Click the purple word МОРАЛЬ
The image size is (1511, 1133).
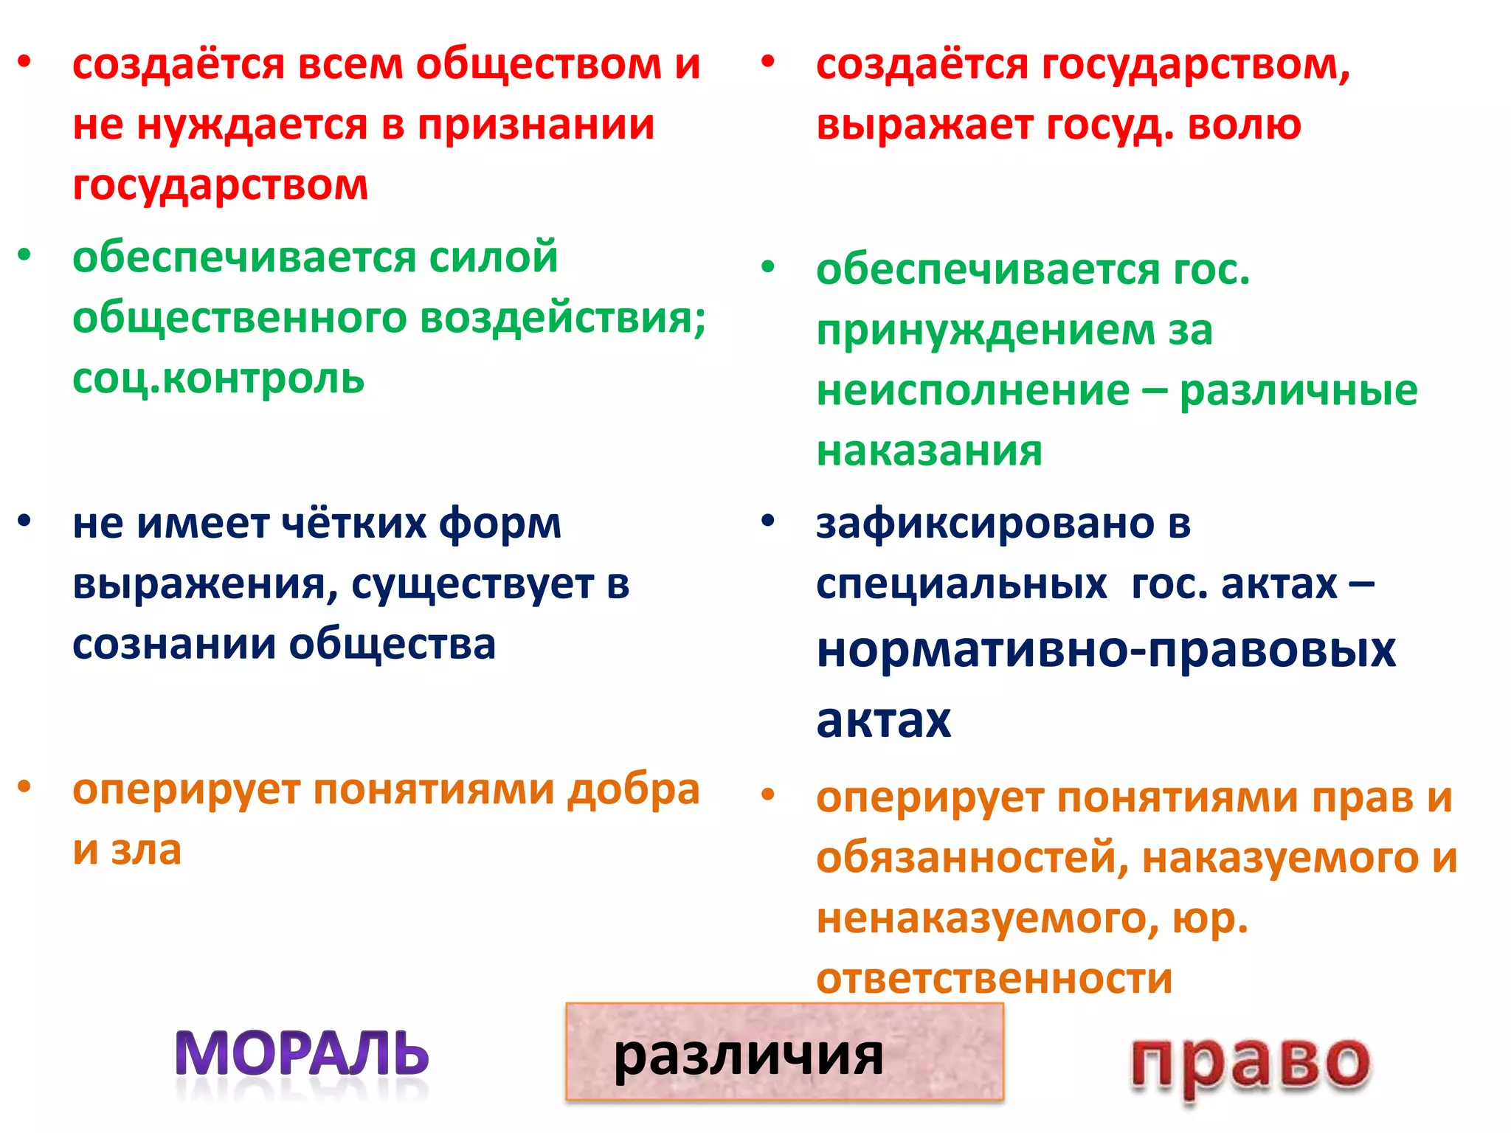pos(302,1053)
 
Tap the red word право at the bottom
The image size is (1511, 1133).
pos(1250,1062)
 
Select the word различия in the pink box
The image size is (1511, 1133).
pos(748,1056)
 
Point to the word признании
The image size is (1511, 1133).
pos(536,125)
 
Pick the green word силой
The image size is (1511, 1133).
pos(493,257)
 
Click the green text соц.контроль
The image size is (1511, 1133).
pos(218,378)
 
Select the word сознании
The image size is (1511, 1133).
pos(173,644)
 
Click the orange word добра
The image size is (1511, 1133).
pos(633,790)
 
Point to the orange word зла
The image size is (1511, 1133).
pos(145,850)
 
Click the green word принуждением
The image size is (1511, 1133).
pos(986,330)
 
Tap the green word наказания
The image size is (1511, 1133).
pos(929,451)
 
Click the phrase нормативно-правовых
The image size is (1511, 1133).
pos(1106,651)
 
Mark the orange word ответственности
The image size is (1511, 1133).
pos(994,979)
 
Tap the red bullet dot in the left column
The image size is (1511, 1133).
pos(25,61)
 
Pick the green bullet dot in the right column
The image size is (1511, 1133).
pos(768,266)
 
